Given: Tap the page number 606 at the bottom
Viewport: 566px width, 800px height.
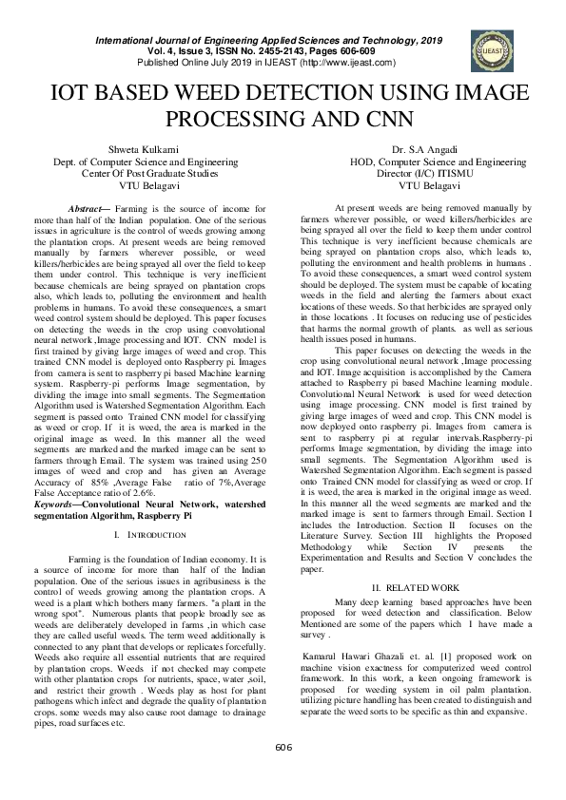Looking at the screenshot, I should (283, 749).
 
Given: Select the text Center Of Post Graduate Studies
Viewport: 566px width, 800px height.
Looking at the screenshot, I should (146, 174).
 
